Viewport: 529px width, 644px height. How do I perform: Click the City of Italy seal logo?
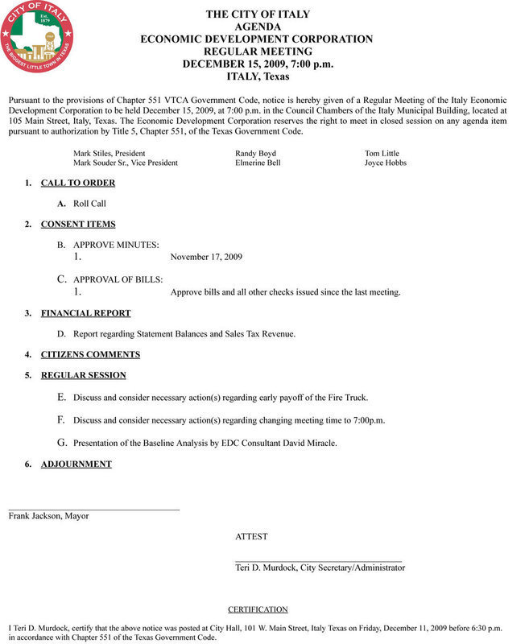click(x=37, y=37)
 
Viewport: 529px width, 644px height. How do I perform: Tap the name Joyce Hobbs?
click(x=386, y=163)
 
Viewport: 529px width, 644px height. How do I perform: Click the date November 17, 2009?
click(x=207, y=257)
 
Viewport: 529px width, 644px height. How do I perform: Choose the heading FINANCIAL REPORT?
click(x=85, y=313)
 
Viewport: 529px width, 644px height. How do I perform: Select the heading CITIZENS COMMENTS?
click(x=90, y=354)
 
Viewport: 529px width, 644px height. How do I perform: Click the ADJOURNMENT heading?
click(x=76, y=464)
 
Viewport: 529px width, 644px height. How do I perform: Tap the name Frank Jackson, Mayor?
click(x=48, y=516)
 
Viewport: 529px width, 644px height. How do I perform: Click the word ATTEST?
click(x=251, y=536)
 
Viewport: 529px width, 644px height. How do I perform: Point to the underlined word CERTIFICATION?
click(x=258, y=609)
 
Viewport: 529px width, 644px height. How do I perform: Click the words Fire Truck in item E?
click(x=348, y=398)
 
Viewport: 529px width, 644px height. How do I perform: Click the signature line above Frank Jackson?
click(x=93, y=510)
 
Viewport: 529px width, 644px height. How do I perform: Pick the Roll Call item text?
click(x=89, y=204)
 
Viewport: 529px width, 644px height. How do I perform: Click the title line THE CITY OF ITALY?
click(x=257, y=14)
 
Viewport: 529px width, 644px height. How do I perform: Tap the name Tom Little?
click(x=382, y=153)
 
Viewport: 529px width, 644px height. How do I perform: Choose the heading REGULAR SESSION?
click(x=83, y=375)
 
